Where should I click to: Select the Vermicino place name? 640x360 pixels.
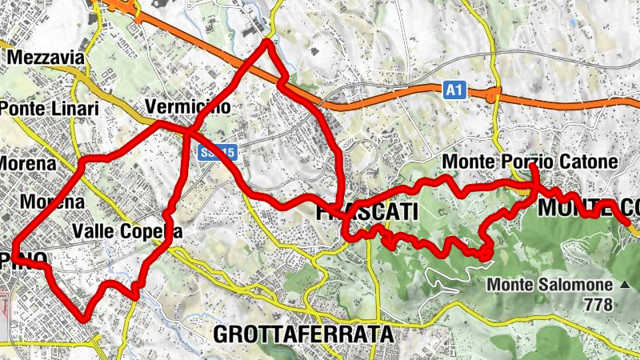(188, 107)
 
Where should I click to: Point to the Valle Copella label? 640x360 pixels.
(127, 231)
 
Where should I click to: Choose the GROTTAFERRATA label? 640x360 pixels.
(304, 334)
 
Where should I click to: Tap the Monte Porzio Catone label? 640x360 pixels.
(530, 162)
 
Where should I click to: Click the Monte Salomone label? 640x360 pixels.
(550, 284)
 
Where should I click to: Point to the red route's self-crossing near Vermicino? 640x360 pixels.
(190, 131)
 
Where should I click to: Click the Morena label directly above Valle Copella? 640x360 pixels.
(54, 202)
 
